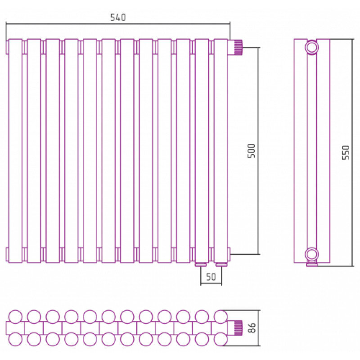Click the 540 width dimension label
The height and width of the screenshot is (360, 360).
tap(118, 18)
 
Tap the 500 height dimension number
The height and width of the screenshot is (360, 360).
tap(252, 151)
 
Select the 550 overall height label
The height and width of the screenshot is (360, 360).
tap(346, 153)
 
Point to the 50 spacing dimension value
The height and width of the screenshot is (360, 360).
tap(211, 277)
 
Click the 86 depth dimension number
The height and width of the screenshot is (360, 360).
tap(252, 328)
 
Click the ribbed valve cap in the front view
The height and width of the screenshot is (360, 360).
tap(238, 47)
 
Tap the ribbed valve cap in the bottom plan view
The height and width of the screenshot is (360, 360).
tap(238, 328)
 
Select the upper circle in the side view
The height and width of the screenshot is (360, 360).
tap(312, 48)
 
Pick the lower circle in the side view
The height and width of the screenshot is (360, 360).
tap(312, 254)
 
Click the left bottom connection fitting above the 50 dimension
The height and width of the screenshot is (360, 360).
tap(201, 265)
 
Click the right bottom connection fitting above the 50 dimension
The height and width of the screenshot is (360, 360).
tap(221, 265)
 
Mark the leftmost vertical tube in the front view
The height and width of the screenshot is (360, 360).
tap(15, 151)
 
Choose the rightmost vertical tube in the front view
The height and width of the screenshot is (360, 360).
tap(220, 151)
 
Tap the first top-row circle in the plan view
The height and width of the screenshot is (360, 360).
tap(15, 317)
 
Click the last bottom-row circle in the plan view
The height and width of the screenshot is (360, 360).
tap(220, 339)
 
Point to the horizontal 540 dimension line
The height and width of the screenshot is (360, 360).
tap(118, 23)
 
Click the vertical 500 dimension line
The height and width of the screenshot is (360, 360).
tap(258, 151)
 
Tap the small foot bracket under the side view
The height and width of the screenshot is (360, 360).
tap(312, 264)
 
